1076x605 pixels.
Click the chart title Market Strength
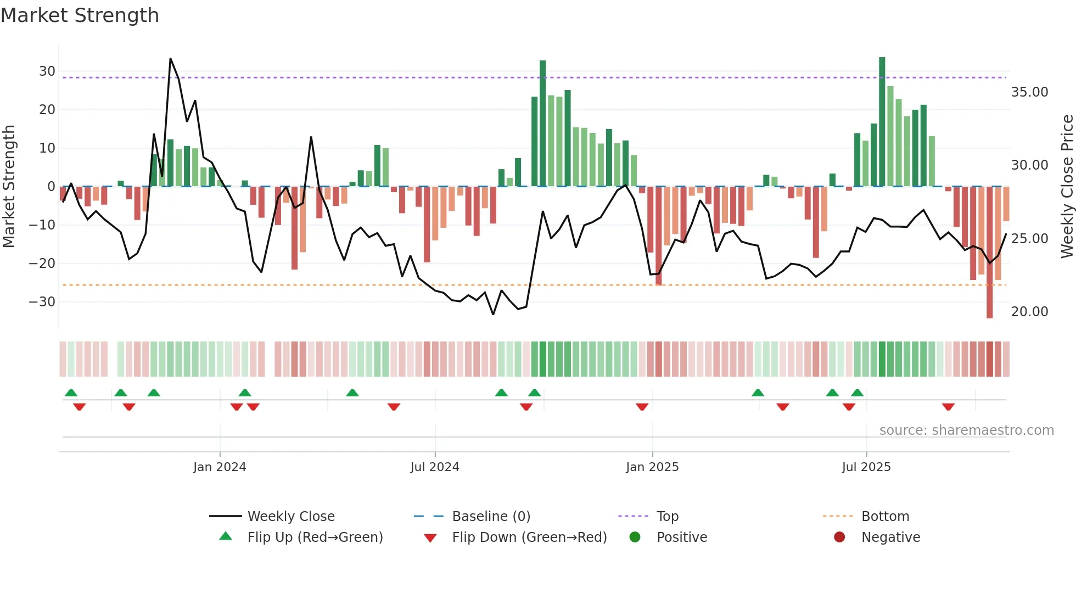80,15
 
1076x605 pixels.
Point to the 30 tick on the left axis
47,71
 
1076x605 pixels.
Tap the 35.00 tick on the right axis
1029,92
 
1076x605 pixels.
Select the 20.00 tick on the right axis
1029,312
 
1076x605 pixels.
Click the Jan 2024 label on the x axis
220,467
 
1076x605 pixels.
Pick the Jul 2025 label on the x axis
866,467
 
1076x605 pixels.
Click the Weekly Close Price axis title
1067,187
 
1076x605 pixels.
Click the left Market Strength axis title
9,187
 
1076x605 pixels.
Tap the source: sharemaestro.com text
966,430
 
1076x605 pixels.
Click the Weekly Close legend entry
290,517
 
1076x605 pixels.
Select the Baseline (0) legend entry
491,517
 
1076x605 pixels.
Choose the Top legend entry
667,517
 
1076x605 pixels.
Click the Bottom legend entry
885,517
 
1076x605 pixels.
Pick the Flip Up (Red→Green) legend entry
315,537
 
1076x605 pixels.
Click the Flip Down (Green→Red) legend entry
529,537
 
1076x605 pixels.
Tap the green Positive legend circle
635,537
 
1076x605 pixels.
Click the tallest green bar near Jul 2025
882,121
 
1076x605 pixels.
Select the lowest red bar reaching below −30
989,253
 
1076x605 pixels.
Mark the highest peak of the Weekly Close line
171,59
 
